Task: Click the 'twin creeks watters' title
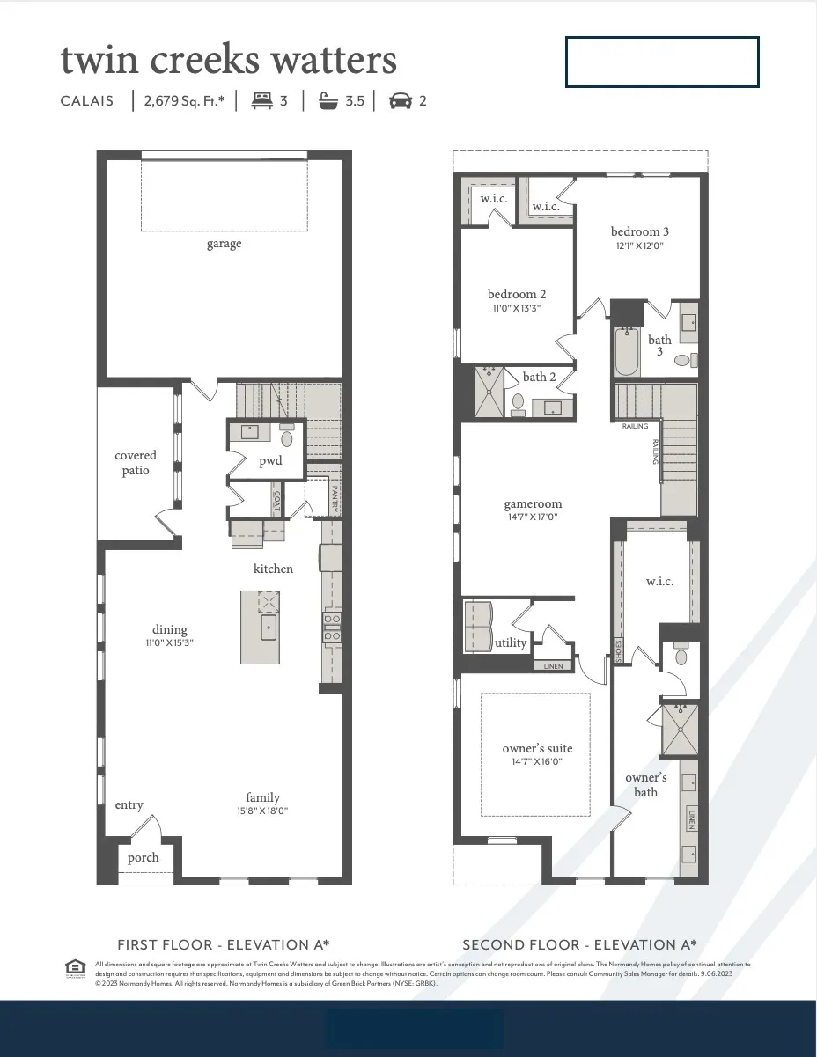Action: coord(228,61)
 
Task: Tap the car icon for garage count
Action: coord(401,100)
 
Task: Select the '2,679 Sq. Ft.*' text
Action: coord(184,100)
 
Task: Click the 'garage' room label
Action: coord(224,244)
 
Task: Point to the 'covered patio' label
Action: coord(136,463)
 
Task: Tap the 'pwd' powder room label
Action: coord(270,461)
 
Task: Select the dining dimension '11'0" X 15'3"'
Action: coord(169,642)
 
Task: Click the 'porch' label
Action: coord(143,857)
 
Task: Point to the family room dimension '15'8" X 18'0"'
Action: coord(262,811)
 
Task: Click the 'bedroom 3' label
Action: coord(640,231)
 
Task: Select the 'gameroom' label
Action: coord(533,504)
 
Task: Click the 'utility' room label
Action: coord(511,642)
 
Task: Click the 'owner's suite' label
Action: coord(537,748)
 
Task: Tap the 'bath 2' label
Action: coord(540,377)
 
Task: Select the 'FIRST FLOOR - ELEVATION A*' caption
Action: coord(224,944)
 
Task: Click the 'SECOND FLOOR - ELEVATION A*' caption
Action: coord(579,944)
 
